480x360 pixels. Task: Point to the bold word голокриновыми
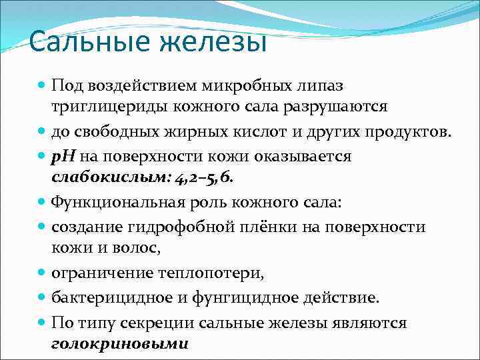click(120, 344)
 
